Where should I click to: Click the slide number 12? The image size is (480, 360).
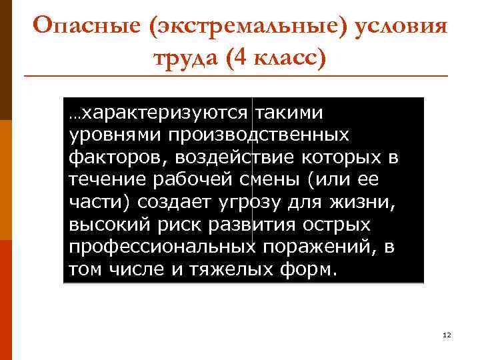tap(447, 335)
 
